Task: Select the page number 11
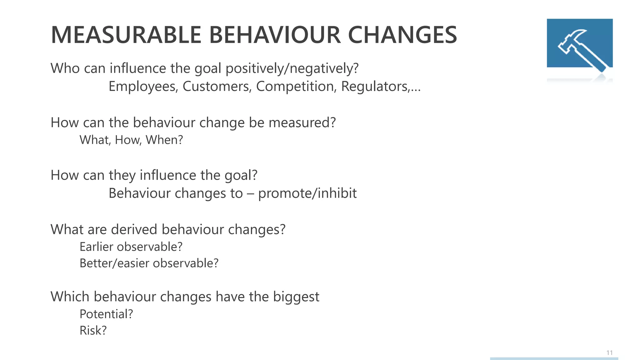pyautogui.click(x=609, y=353)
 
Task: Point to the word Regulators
pyautogui.click(x=375, y=87)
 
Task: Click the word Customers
pyautogui.click(x=217, y=87)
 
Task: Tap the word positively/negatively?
pyautogui.click(x=292, y=68)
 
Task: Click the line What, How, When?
pyautogui.click(x=131, y=140)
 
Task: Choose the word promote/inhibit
pyautogui.click(x=307, y=193)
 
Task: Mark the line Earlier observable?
pyautogui.click(x=131, y=247)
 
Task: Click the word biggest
pyautogui.click(x=296, y=297)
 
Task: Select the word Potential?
pyautogui.click(x=106, y=314)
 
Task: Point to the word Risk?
pyautogui.click(x=93, y=331)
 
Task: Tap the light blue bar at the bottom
pyautogui.click(x=554, y=358)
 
